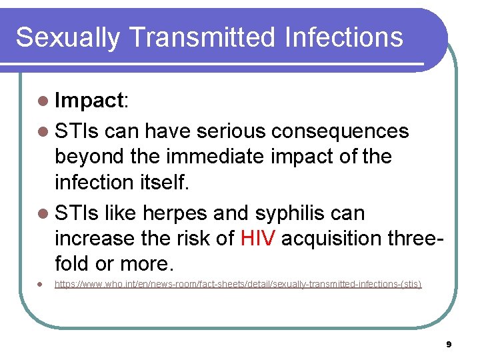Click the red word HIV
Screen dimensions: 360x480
click(x=257, y=239)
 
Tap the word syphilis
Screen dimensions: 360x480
click(x=288, y=214)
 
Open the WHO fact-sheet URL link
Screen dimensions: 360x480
click(x=238, y=285)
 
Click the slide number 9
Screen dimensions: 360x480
click(x=449, y=345)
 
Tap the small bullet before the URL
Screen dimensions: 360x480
click(x=41, y=285)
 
